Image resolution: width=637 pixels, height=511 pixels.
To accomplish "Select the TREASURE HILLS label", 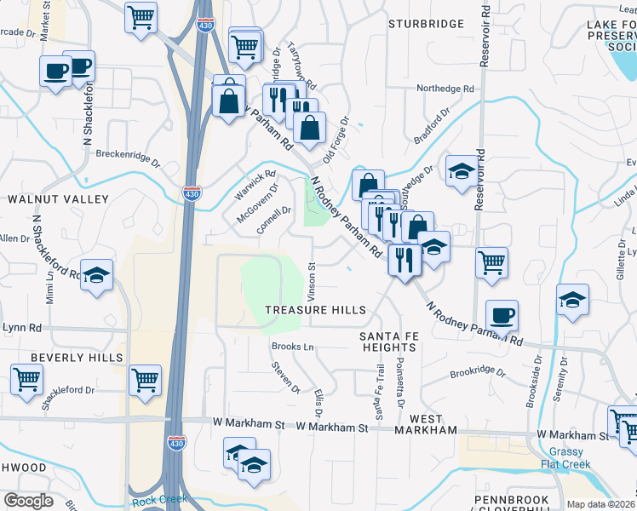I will tap(315, 311).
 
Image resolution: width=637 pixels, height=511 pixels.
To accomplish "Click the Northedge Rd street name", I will tap(445, 89).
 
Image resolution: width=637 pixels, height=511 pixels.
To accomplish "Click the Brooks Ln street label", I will tap(293, 347).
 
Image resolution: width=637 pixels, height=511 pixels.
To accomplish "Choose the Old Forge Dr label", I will tap(336, 141).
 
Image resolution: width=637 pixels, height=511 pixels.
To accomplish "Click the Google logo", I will tap(28, 501).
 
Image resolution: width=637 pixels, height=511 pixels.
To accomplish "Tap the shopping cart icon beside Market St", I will tap(141, 17).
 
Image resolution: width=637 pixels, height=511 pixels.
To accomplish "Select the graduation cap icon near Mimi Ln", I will tap(97, 275).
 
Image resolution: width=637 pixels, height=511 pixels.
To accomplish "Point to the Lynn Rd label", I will tap(22, 328).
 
